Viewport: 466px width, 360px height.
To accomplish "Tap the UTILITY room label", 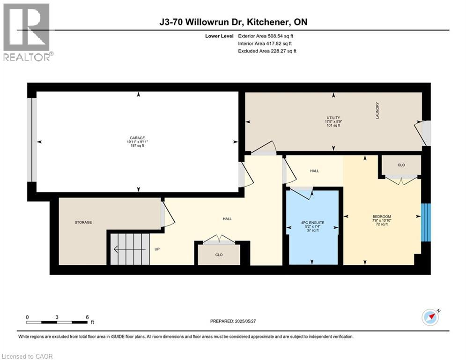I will tap(333, 118).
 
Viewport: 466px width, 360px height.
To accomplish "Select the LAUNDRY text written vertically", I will tap(377, 111).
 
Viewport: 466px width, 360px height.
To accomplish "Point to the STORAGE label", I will tap(83, 222).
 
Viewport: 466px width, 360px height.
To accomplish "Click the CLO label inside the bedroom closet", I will tap(401, 165).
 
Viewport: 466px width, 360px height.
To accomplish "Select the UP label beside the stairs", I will tap(157, 249).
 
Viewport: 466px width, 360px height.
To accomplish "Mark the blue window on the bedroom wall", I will tap(425, 223).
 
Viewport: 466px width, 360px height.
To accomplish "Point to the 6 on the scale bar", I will tap(87, 317).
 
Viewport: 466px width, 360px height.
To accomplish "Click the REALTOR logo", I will tap(27, 32).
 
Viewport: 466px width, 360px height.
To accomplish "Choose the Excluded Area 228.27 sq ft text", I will tap(267, 51).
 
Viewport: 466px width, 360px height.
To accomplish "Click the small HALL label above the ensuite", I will tap(314, 171).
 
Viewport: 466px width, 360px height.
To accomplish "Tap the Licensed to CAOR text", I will tap(27, 356).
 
